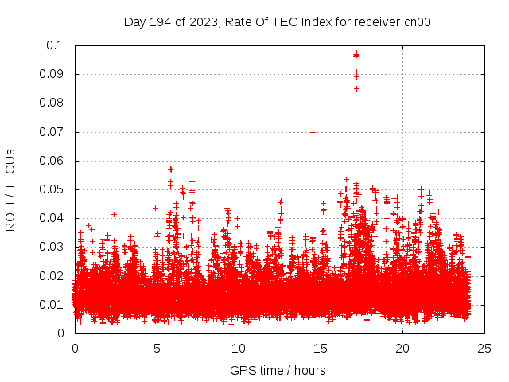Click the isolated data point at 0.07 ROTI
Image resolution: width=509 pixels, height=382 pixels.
click(313, 132)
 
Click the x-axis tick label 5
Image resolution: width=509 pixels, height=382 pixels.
click(157, 349)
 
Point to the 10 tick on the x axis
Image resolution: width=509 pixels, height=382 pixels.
click(239, 349)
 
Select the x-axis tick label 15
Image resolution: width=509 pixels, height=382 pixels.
click(321, 349)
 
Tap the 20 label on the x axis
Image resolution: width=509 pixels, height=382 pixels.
click(402, 349)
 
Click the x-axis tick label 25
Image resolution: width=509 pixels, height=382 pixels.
click(484, 349)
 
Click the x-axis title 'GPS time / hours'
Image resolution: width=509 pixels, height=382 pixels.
click(278, 370)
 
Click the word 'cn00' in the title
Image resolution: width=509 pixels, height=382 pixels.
click(418, 22)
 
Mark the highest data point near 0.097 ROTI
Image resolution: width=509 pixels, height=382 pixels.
click(356, 53)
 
